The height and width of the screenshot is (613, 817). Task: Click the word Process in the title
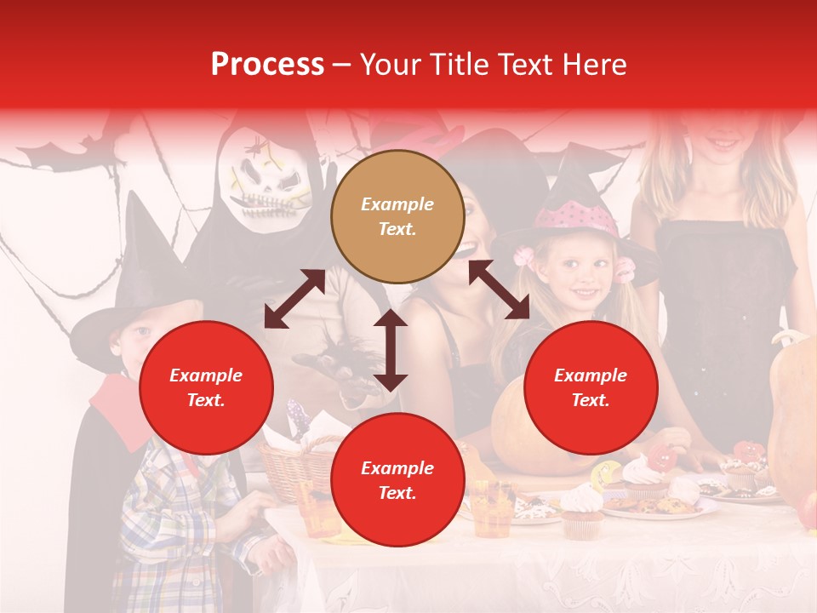point(267,65)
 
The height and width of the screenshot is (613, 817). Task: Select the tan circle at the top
point(397,216)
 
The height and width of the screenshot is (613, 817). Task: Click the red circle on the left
point(206,387)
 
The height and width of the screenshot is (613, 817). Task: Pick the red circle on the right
point(591,387)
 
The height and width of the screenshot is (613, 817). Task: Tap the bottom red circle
point(397,480)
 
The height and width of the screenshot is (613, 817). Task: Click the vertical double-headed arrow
point(391,350)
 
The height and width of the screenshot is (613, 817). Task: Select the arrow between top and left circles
point(294,299)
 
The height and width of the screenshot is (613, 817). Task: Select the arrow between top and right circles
point(499,289)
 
